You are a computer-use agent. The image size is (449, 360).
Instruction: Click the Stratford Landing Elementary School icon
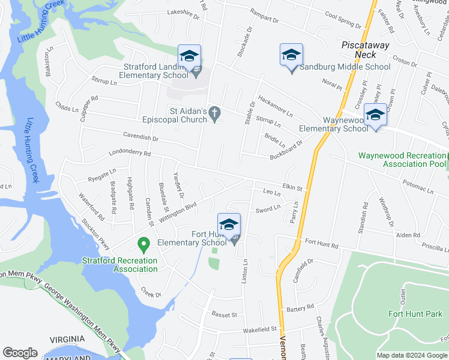(189, 56)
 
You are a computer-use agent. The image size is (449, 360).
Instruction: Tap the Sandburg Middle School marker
(291, 55)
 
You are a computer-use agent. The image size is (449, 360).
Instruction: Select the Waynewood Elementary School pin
(375, 114)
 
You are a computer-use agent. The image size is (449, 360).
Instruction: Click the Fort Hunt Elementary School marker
(229, 225)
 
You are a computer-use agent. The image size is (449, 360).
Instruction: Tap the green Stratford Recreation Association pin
(143, 245)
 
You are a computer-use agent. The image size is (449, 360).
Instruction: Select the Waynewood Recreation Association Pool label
(402, 160)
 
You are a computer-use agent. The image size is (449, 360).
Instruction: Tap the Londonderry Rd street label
(130, 153)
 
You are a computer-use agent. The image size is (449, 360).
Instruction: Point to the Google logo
(20, 353)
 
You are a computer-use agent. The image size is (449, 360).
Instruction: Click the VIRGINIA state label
(68, 339)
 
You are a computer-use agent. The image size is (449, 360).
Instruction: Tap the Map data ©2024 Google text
(411, 355)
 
